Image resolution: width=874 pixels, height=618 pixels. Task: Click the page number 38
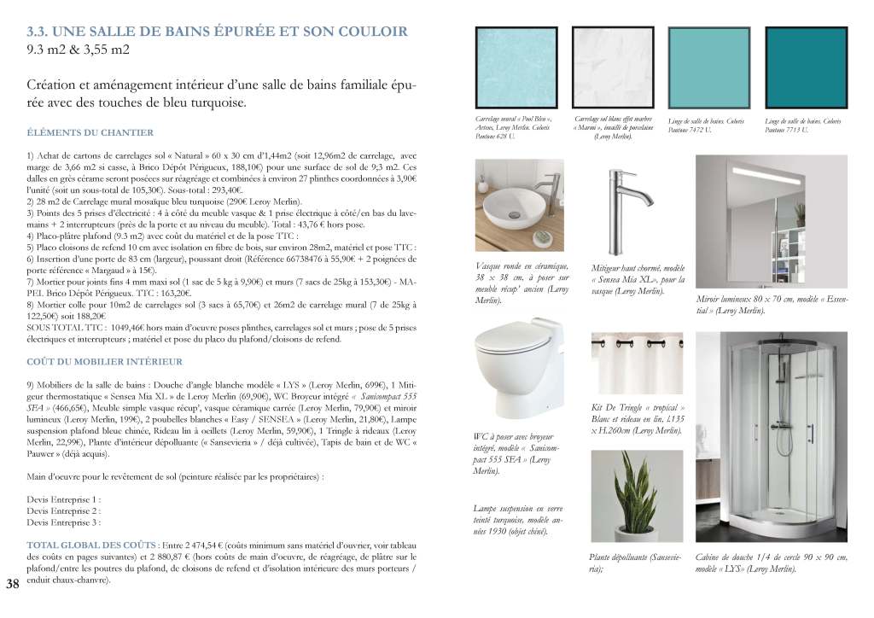(x=13, y=584)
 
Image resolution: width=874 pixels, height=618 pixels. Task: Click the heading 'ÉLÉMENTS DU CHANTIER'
(x=90, y=133)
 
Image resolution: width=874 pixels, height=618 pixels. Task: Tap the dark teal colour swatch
(x=806, y=67)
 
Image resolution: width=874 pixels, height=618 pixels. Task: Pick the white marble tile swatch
(x=613, y=67)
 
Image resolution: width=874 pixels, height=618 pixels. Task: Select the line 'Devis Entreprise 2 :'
(x=64, y=510)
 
